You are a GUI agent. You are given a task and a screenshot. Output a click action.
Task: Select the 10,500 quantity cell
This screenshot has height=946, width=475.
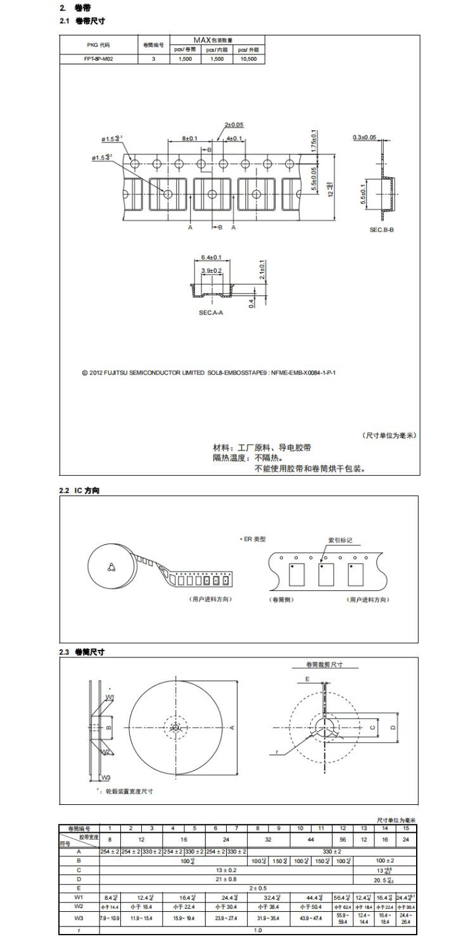click(x=249, y=58)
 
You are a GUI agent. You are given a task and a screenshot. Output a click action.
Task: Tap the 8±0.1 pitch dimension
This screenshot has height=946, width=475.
click(x=189, y=138)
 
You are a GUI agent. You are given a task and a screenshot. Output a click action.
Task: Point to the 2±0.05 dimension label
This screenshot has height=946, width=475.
click(x=234, y=125)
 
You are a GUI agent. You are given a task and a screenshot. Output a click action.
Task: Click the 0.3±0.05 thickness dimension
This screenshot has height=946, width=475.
click(x=364, y=137)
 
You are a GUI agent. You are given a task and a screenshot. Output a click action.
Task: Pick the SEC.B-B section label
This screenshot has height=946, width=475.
click(x=382, y=230)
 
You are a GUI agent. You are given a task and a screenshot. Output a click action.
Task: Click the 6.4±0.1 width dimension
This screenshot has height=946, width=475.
click(x=210, y=258)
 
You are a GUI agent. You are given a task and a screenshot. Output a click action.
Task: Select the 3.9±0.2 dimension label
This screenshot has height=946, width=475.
click(x=211, y=270)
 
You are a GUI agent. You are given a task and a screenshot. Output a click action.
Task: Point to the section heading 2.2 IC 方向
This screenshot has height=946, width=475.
click(x=79, y=490)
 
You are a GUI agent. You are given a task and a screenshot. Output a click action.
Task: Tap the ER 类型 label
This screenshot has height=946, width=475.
click(x=255, y=539)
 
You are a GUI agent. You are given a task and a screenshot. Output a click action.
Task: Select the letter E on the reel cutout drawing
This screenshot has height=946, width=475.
click(x=307, y=678)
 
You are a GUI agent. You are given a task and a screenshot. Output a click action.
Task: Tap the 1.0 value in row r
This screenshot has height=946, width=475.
click(x=257, y=930)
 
